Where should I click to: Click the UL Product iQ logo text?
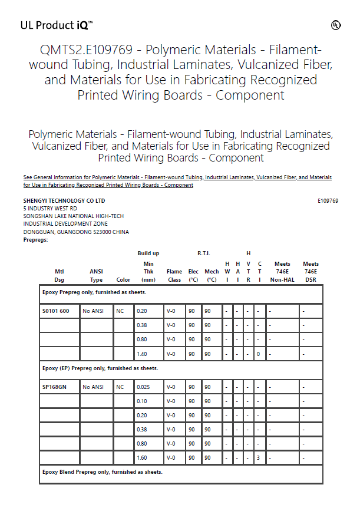pos(56,25)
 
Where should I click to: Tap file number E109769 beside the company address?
pos(328,201)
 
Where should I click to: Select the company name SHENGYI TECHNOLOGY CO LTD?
pos(64,201)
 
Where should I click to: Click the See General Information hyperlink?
pos(177,181)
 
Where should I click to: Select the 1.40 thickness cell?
pos(142,354)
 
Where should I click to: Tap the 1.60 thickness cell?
pos(142,457)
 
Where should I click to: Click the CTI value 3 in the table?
pos(259,457)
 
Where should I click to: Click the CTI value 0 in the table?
pos(259,354)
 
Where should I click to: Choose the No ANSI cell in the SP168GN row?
pos(93,387)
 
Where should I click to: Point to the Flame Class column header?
pos(174,276)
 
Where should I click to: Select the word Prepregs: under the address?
pos(35,240)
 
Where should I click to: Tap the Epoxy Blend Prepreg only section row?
pos(102,472)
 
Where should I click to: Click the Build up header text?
pos(148,253)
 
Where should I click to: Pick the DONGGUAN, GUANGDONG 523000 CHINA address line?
pos(76,232)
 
